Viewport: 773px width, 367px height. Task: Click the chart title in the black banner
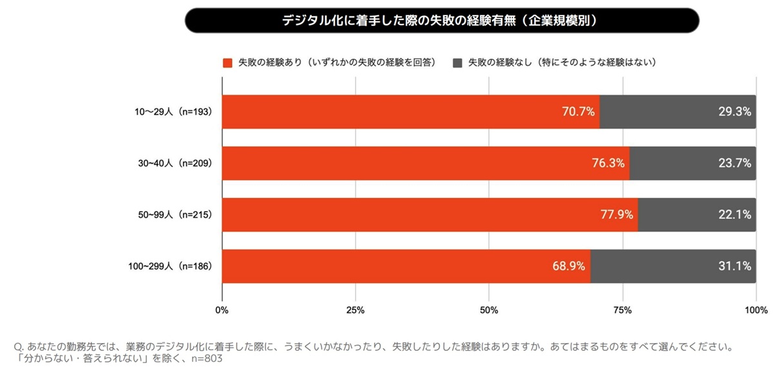(442, 21)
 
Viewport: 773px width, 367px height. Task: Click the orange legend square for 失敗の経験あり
(227, 63)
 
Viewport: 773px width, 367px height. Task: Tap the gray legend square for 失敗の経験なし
(457, 63)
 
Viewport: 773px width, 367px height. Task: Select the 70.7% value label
(578, 112)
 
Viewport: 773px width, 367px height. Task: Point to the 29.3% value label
(734, 112)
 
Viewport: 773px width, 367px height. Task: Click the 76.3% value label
(608, 163)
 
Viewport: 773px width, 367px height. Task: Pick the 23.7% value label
(734, 163)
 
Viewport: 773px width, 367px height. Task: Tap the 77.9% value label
(616, 215)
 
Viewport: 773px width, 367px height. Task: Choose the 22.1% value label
(734, 215)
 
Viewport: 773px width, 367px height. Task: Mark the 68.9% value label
(569, 266)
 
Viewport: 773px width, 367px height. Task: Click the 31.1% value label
(734, 266)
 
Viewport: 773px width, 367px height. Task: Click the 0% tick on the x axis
(222, 310)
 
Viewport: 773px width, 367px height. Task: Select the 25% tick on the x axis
(356, 310)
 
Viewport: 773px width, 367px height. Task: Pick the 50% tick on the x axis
(489, 310)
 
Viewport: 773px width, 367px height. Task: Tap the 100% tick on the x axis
(756, 310)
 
